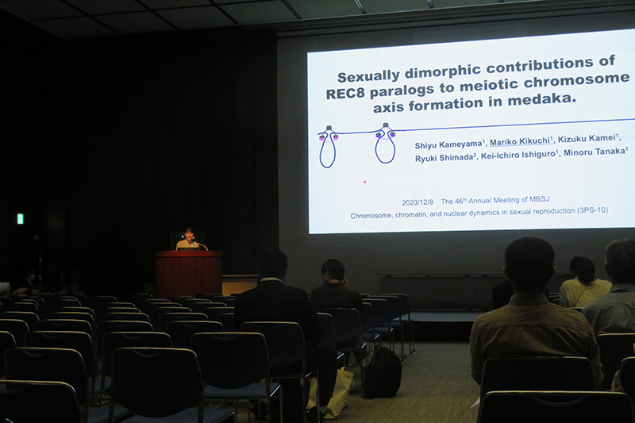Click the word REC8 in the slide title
click(345, 94)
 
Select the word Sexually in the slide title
click(368, 75)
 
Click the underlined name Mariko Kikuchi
click(521, 141)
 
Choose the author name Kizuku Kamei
click(588, 138)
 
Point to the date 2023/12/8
click(418, 202)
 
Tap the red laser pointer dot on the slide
click(364, 183)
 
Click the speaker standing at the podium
click(187, 239)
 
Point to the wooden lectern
click(188, 273)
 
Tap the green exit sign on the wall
click(21, 218)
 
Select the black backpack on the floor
click(382, 372)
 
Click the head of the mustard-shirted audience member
click(529, 263)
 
